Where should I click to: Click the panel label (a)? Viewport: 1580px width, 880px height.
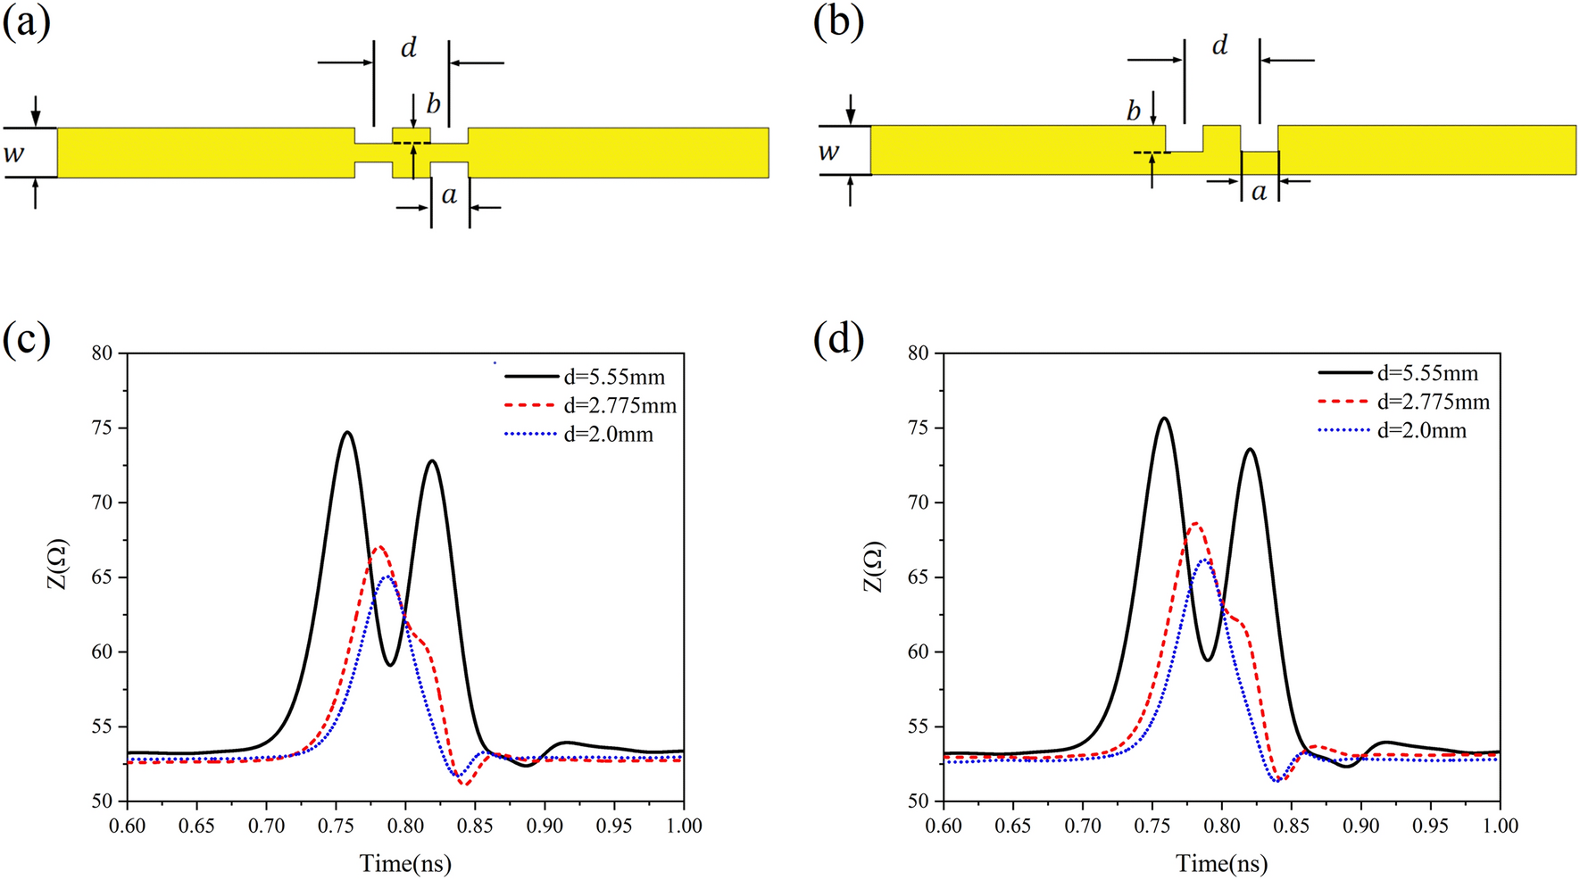pos(27,22)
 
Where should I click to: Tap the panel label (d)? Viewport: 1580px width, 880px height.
pos(839,341)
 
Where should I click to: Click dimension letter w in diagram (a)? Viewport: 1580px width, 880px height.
pos(14,154)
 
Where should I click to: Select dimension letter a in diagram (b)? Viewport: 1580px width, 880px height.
pos(1259,191)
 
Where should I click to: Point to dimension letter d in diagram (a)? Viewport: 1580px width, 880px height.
pos(409,46)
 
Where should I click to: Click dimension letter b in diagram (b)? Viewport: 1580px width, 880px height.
pos(1134,112)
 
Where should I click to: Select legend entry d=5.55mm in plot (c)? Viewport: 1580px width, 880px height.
pos(614,378)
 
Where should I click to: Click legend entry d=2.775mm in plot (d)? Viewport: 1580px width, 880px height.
pos(1433,403)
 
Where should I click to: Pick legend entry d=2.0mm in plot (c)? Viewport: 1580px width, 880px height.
pos(608,435)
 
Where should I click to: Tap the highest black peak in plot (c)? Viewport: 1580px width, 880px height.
pos(347,432)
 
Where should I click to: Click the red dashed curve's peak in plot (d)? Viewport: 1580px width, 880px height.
pos(1195,524)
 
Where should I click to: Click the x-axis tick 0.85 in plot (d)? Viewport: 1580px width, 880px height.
pos(1291,826)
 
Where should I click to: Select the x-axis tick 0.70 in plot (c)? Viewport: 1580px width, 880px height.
pos(266,826)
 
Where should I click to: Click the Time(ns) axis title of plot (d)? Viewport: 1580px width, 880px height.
pos(1221,863)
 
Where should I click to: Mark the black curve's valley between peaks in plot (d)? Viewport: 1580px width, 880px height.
pos(1207,660)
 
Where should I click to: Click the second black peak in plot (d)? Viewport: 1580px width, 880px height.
pos(1249,449)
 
